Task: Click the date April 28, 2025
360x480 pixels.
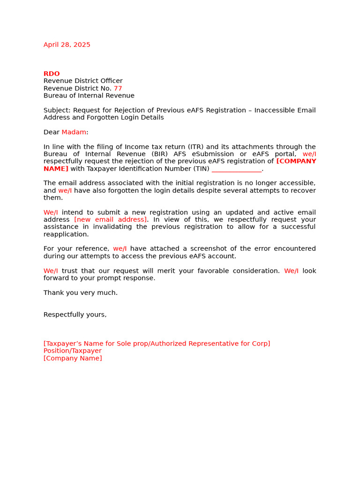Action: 67,45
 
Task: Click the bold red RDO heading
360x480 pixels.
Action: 52,74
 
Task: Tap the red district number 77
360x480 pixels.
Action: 118,88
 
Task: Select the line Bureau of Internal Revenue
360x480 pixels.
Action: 89,96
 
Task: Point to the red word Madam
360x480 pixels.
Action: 74,132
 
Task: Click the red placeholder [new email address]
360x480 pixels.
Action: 110,219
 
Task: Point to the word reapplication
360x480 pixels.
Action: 66,234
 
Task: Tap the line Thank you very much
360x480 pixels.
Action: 80,292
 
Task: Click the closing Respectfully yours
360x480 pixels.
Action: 75,315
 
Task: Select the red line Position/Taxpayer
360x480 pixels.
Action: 72,351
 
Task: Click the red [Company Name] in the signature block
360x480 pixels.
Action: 73,358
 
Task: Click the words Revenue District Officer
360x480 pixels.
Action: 83,81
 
